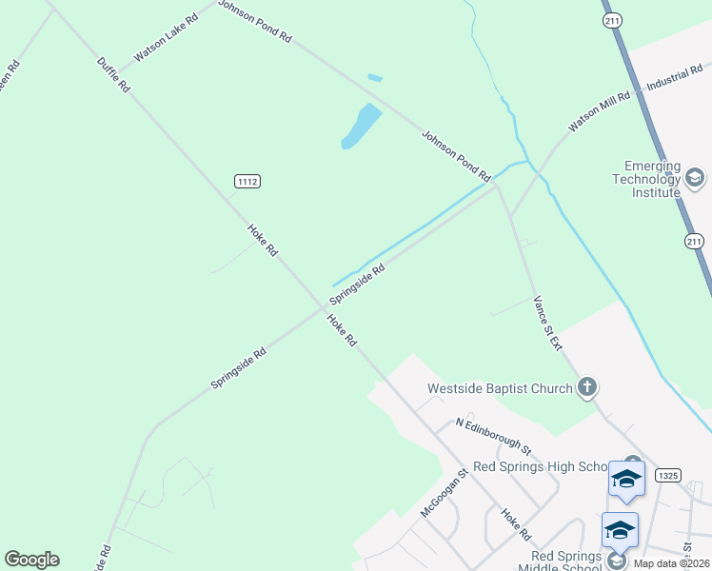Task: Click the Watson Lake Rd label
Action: (x=166, y=38)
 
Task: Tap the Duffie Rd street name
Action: (x=112, y=74)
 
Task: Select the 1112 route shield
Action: (x=247, y=181)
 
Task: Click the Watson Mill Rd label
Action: (x=600, y=111)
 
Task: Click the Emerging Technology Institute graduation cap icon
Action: (x=695, y=178)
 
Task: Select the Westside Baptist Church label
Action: (x=500, y=388)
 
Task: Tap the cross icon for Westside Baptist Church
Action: (x=587, y=387)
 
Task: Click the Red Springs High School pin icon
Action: (x=626, y=478)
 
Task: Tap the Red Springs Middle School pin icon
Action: (x=619, y=530)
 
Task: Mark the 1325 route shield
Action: (x=668, y=475)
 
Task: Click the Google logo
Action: (x=31, y=560)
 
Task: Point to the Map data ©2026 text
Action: (x=672, y=563)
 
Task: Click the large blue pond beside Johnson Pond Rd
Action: (x=361, y=126)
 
